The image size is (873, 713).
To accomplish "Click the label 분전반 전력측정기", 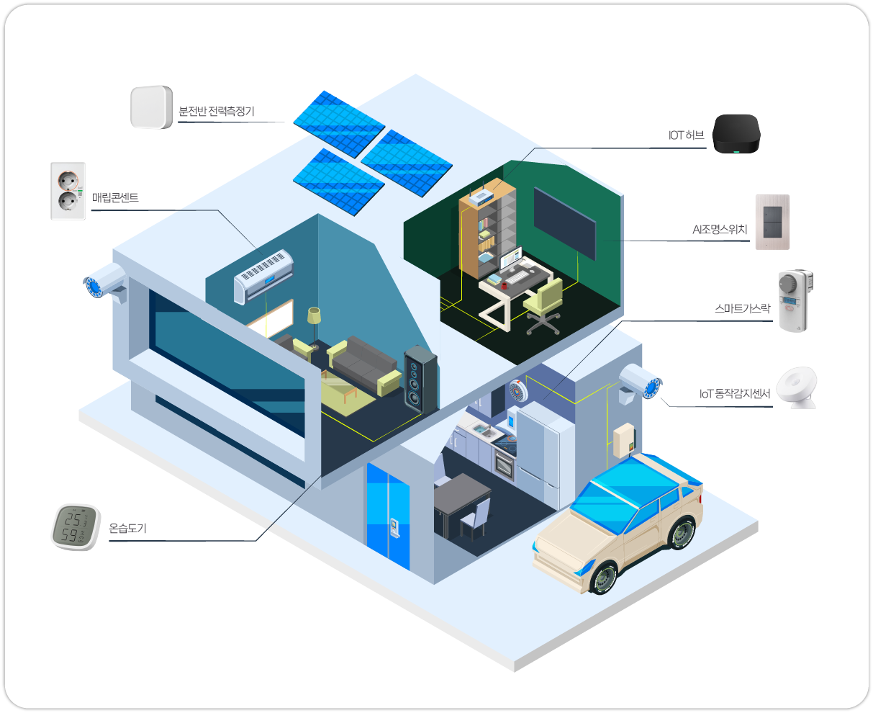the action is click(x=216, y=111).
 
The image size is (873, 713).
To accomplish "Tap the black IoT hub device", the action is click(x=736, y=134).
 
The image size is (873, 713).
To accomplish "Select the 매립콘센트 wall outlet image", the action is click(x=68, y=191).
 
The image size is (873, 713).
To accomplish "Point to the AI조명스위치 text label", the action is click(x=720, y=229).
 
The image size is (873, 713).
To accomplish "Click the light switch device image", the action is click(x=772, y=222).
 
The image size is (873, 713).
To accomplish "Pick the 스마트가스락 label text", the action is click(x=742, y=308).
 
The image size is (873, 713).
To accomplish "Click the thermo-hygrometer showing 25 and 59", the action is click(x=76, y=527).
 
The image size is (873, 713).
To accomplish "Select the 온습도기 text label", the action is click(x=127, y=528).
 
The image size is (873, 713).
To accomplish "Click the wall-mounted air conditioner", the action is click(x=263, y=276).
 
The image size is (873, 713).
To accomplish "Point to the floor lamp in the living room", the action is click(x=315, y=327).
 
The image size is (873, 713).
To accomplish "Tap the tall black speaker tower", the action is click(x=420, y=380).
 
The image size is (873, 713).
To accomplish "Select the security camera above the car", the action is click(x=640, y=382).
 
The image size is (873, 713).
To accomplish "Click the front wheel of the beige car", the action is click(x=605, y=578).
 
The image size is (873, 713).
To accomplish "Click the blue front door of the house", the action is click(x=388, y=516).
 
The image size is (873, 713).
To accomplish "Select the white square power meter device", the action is click(x=152, y=107).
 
